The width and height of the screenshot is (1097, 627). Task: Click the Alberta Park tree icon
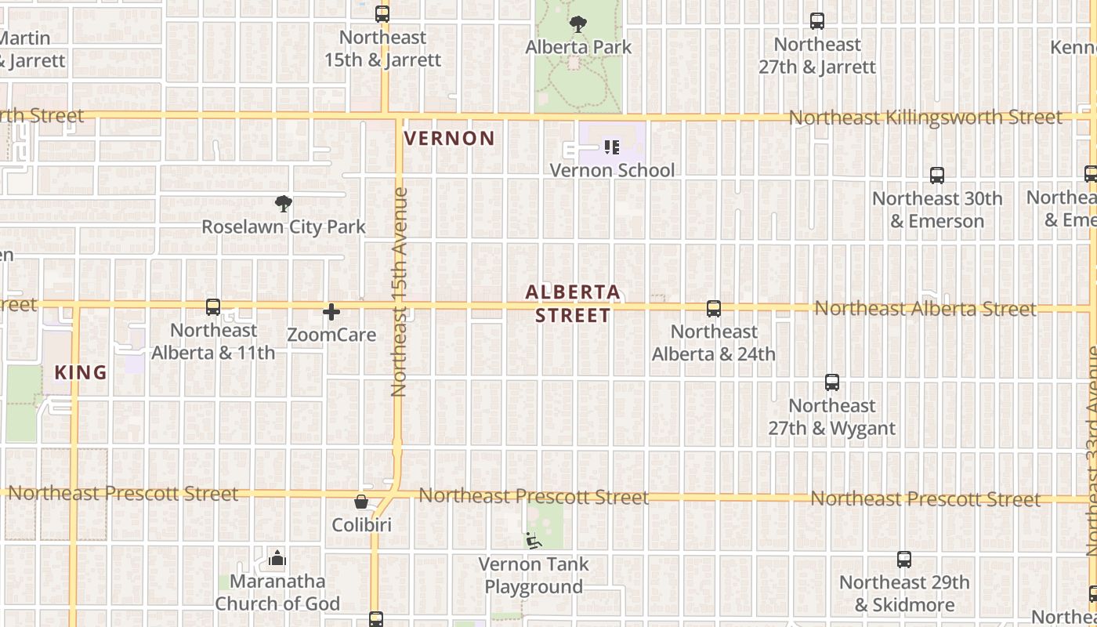[578, 24]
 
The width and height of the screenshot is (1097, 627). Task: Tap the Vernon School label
[612, 170]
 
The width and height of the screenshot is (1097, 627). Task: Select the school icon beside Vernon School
[612, 147]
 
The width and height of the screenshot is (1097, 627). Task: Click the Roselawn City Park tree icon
[284, 205]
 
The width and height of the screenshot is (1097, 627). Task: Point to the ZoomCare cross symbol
[331, 313]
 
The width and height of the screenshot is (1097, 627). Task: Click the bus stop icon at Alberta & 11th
[213, 307]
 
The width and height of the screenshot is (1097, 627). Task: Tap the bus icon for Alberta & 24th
[714, 309]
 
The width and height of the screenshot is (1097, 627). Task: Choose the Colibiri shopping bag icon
[361, 502]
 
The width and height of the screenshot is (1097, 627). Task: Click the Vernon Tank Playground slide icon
[533, 540]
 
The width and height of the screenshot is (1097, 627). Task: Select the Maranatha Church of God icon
[277, 559]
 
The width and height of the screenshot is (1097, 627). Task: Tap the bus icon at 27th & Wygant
[832, 382]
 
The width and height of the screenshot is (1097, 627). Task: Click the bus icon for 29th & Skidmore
[904, 560]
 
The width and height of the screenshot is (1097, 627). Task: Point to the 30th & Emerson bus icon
[937, 176]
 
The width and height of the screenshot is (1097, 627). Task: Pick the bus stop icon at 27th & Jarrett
[817, 21]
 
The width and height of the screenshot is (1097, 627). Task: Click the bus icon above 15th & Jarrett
[382, 14]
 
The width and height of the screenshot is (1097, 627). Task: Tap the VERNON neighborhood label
[450, 139]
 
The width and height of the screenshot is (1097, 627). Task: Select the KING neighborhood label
[81, 373]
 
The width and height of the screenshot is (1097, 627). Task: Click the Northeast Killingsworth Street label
[925, 118]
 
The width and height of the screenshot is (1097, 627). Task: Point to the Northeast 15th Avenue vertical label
[400, 292]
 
